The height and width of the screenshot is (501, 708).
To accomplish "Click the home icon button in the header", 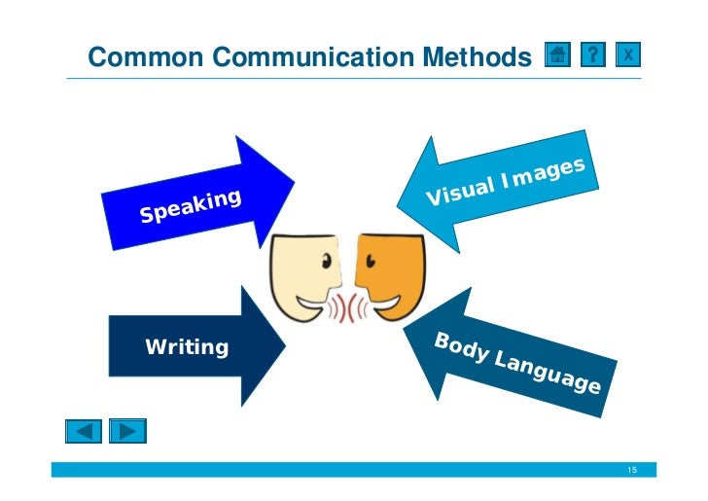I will coord(557,56).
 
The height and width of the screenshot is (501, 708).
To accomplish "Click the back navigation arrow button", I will coord(83,430).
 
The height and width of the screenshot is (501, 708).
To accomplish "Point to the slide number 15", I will coord(632,471).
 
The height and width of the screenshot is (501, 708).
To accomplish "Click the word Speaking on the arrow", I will coord(190,206).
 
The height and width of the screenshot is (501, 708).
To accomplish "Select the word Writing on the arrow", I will coord(187,346).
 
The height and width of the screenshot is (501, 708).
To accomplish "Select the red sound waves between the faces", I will coord(347,307).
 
